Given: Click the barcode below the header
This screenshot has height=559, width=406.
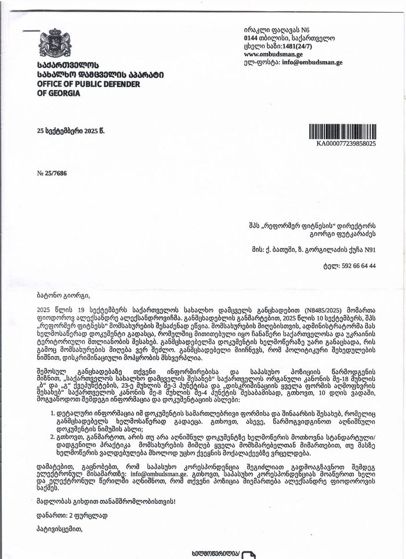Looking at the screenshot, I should (x=342, y=132).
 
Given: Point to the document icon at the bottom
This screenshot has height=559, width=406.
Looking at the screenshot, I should (x=248, y=554).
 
